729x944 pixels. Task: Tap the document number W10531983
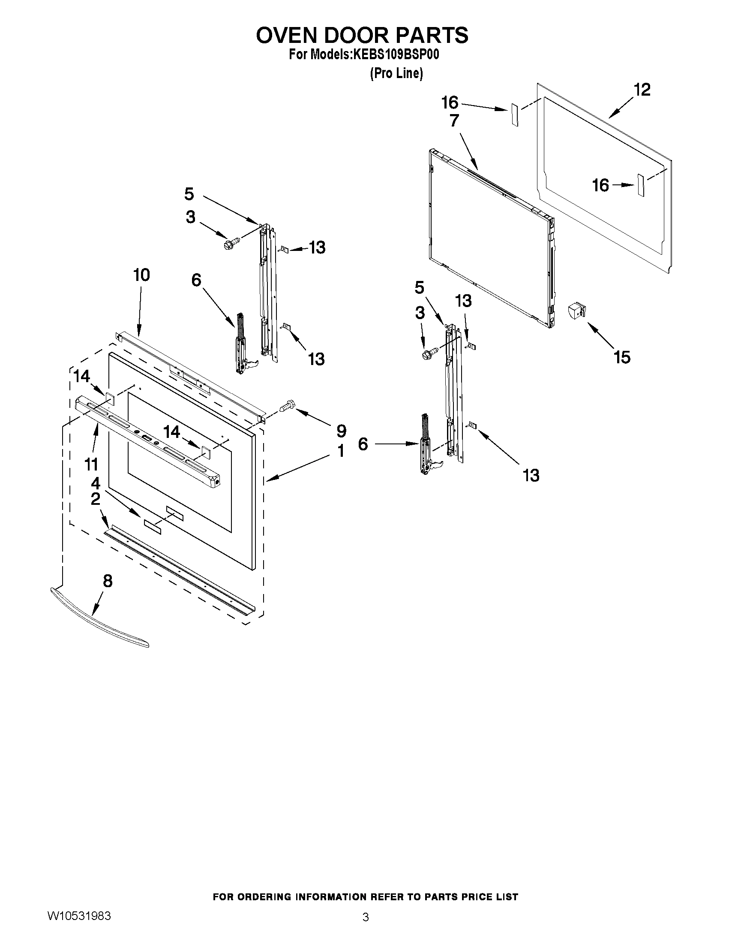click(x=78, y=915)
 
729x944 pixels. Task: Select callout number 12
click(x=642, y=90)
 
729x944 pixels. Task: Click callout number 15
click(x=622, y=357)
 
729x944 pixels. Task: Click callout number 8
click(x=108, y=581)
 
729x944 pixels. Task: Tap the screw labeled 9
click(x=287, y=406)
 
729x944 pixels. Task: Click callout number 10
click(x=141, y=275)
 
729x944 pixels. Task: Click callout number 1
click(x=341, y=451)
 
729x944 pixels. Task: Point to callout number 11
click(x=91, y=464)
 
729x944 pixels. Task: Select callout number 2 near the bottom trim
click(x=96, y=499)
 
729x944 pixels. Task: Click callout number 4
click(x=96, y=483)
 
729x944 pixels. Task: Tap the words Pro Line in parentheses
click(x=396, y=74)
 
